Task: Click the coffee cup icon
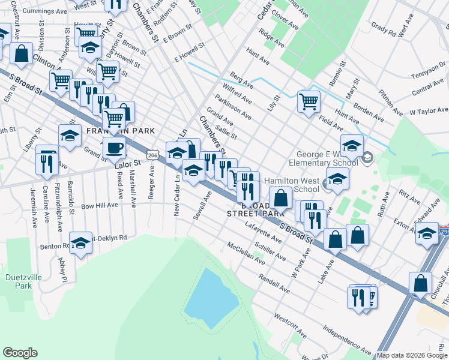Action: pos(115,147)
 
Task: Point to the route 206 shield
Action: pos(153,155)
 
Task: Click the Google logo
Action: pos(20,353)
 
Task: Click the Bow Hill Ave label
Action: pos(99,205)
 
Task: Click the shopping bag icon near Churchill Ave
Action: pos(421,283)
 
